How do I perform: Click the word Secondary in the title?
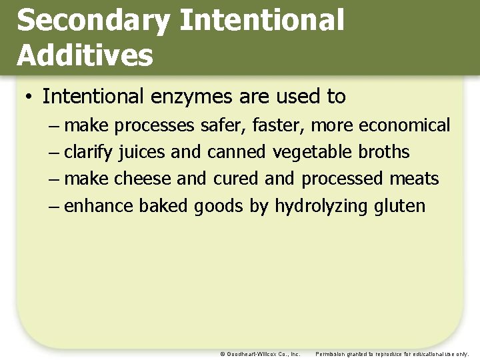[x=93, y=21]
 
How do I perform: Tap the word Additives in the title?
[x=85, y=55]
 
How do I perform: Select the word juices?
[x=142, y=152]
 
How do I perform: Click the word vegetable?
[x=313, y=152]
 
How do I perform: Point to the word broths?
[x=384, y=152]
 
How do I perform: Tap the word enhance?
[x=99, y=205]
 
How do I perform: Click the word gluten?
[x=399, y=205]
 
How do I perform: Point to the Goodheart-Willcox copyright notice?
[x=260, y=354]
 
